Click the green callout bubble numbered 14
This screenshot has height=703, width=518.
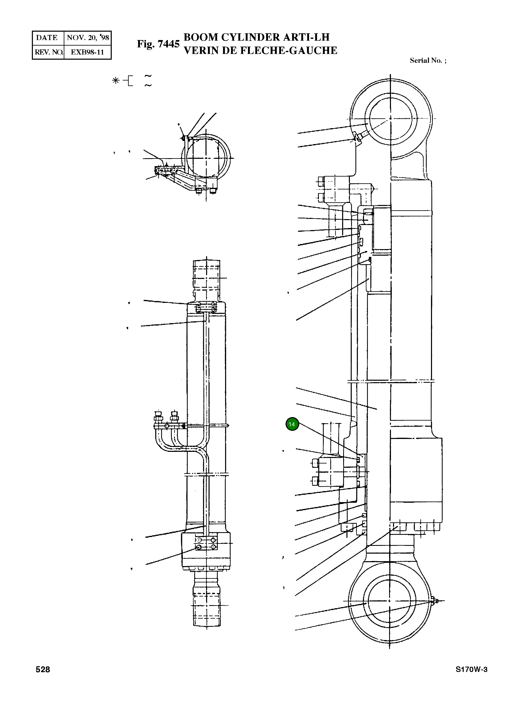292,424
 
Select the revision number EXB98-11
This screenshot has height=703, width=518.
87,52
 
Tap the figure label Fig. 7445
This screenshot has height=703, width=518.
158,44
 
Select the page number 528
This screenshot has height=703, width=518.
43,669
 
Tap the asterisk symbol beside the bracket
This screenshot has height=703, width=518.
116,81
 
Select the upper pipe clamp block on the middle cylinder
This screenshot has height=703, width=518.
206,307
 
